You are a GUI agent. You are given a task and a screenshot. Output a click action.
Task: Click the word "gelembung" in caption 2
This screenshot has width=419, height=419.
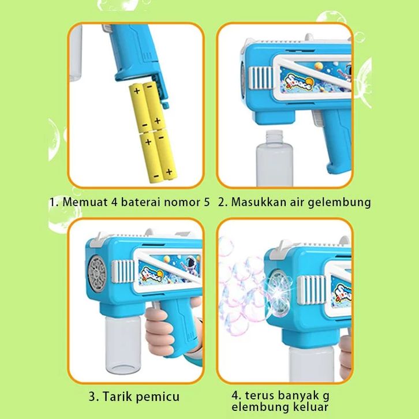coord(339,202)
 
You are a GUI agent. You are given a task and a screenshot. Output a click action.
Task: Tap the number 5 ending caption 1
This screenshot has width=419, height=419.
coord(207,202)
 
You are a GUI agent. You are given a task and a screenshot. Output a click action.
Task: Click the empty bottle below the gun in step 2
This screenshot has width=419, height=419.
coord(274,158)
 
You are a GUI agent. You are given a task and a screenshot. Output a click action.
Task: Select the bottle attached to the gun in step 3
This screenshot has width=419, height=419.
coord(123,345)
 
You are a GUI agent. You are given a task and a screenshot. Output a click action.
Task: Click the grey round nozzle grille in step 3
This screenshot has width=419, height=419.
coord(98,274)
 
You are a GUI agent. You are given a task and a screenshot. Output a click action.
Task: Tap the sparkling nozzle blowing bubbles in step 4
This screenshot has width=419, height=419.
coord(279,293)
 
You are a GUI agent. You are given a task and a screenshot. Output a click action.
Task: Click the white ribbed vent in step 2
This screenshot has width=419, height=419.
coord(260,77)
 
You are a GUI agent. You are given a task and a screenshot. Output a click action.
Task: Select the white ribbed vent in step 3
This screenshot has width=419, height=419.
coord(123,271)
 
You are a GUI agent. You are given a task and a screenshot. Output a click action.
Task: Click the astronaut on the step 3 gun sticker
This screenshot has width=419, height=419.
coord(189,264)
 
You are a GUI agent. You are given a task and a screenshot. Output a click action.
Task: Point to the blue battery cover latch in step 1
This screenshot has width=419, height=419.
coord(161,91)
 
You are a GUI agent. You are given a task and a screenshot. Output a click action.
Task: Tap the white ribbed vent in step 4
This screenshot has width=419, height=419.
coord(310,290)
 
